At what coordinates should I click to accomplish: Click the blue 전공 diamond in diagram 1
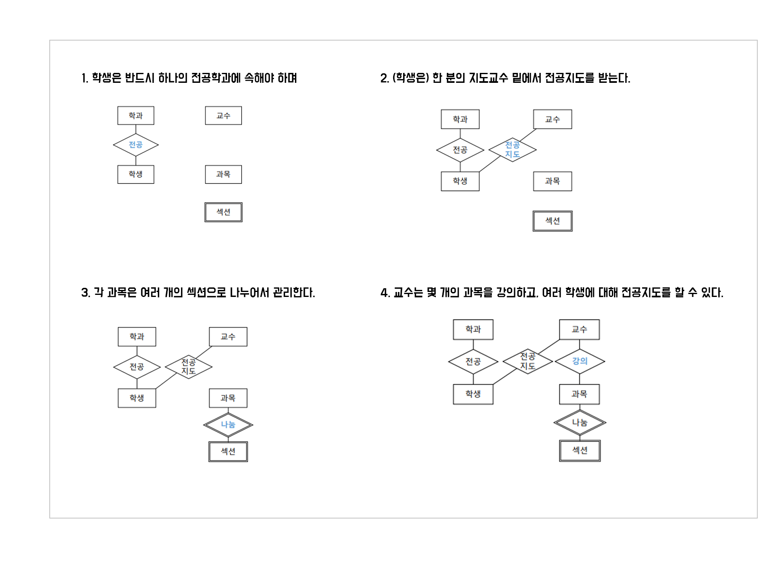pyautogui.click(x=136, y=145)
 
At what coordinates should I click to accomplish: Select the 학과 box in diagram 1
pyautogui.click(x=136, y=116)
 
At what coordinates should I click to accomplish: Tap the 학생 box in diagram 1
pyautogui.click(x=136, y=174)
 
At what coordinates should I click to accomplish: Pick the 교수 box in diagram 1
pyautogui.click(x=223, y=116)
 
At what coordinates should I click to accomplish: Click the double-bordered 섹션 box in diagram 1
pyautogui.click(x=223, y=212)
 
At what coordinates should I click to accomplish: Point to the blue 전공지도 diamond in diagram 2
pyautogui.click(x=512, y=150)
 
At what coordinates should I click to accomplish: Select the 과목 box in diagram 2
pyautogui.click(x=552, y=181)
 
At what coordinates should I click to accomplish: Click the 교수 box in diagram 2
pyautogui.click(x=552, y=119)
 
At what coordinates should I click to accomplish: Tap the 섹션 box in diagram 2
pyautogui.click(x=552, y=221)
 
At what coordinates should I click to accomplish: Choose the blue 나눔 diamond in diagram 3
pyautogui.click(x=228, y=425)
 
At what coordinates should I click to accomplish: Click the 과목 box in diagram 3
pyautogui.click(x=228, y=398)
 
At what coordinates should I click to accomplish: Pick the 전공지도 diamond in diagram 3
pyautogui.click(x=188, y=367)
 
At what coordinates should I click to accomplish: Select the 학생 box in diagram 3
pyautogui.click(x=137, y=398)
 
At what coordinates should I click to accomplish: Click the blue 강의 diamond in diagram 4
pyautogui.click(x=580, y=361)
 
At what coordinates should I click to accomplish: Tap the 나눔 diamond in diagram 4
pyautogui.click(x=580, y=423)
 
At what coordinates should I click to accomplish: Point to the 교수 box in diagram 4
pyautogui.click(x=579, y=330)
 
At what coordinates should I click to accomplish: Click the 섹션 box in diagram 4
pyautogui.click(x=580, y=451)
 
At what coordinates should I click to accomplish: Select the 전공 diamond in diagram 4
pyautogui.click(x=473, y=362)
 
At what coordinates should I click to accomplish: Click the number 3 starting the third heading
pyautogui.click(x=85, y=293)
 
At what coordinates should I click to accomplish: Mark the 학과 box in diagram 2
pyautogui.click(x=460, y=119)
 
